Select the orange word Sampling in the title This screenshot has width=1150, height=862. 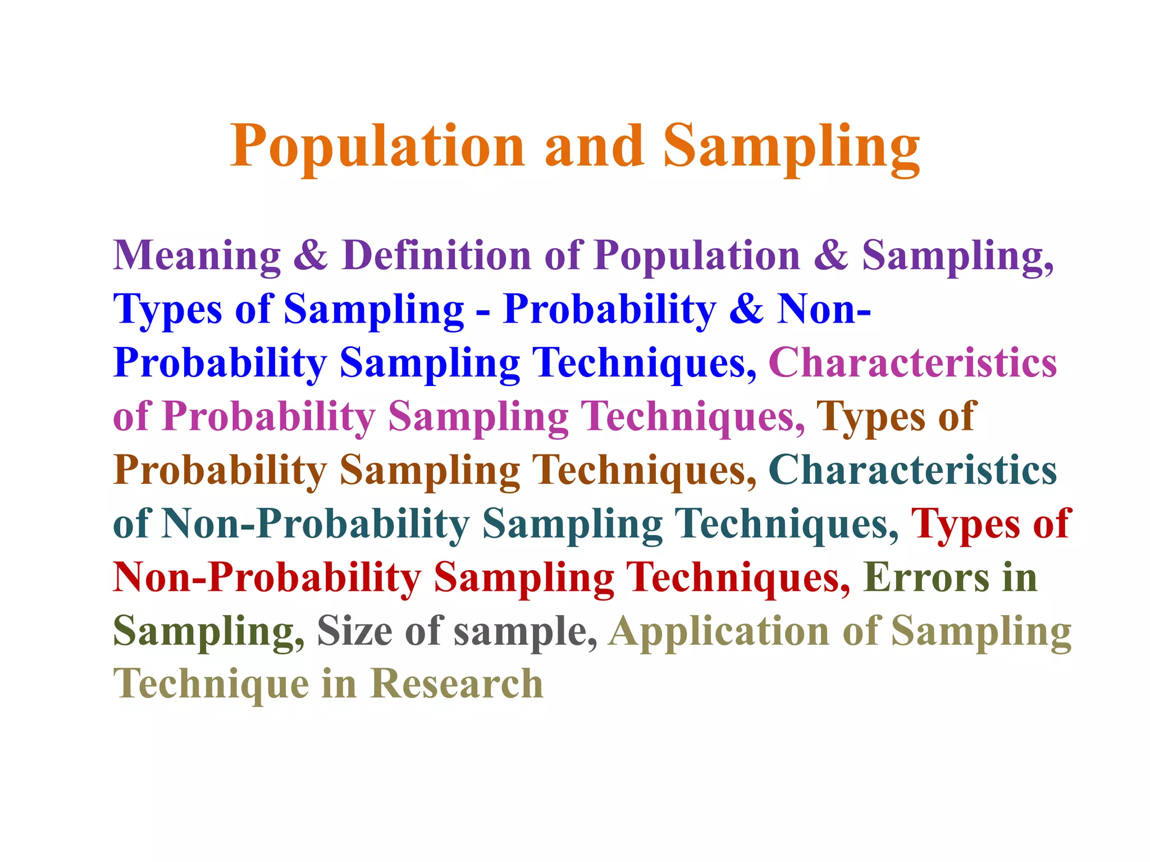click(x=792, y=147)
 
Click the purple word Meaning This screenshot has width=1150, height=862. click(x=197, y=255)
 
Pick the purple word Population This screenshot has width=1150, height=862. click(x=697, y=255)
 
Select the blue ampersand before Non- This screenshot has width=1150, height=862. click(x=746, y=309)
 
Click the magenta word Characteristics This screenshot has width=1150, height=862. click(x=912, y=363)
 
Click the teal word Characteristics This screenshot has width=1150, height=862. click(x=912, y=470)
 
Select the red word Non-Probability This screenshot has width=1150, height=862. click(x=267, y=577)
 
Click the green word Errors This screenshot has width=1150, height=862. click(x=927, y=577)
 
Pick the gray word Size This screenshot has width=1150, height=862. click(x=355, y=631)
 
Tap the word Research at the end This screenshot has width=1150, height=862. click(x=457, y=684)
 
